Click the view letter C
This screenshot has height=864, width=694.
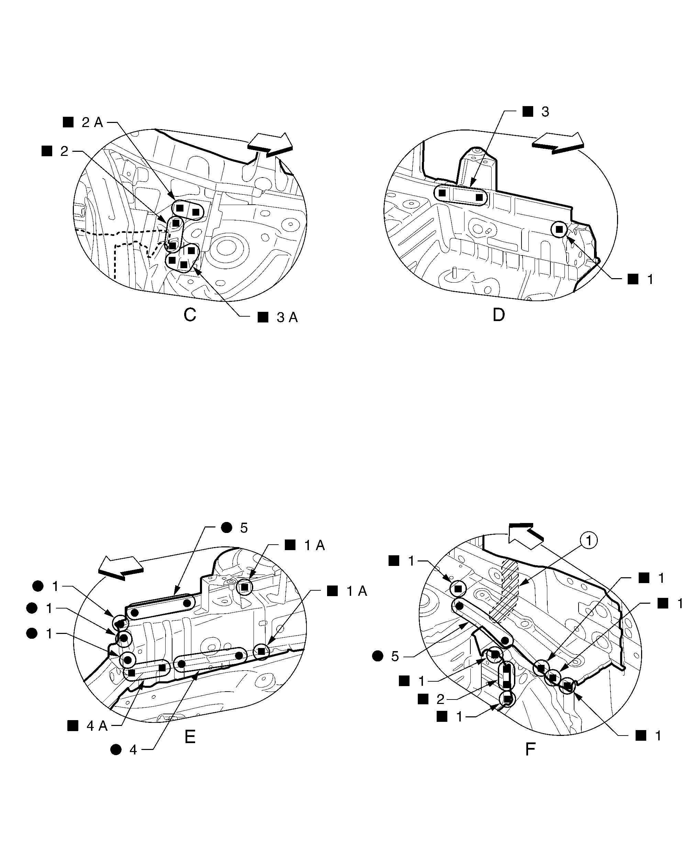click(190, 315)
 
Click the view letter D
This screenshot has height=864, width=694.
click(499, 315)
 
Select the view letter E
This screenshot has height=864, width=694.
click(190, 737)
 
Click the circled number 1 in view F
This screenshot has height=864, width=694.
click(589, 541)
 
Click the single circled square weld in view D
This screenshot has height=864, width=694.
click(559, 230)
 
